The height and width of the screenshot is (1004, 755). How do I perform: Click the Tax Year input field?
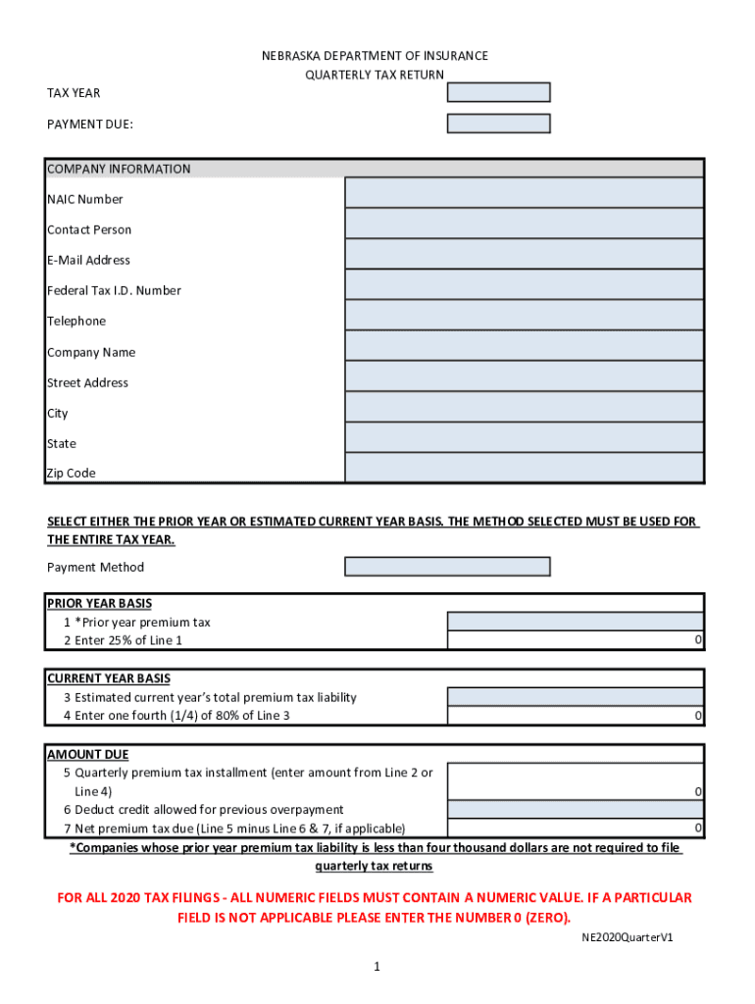[x=498, y=92]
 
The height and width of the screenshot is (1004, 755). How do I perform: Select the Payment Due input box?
[x=498, y=124]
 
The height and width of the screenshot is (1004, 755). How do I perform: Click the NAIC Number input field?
[x=524, y=193]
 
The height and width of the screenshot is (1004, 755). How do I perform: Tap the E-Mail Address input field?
[x=524, y=254]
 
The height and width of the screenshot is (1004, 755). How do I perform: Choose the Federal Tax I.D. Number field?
[x=524, y=284]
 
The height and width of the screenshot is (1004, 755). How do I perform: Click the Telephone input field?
[x=524, y=315]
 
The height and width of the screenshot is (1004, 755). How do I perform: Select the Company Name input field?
[x=524, y=346]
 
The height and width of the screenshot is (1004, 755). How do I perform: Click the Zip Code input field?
[x=524, y=468]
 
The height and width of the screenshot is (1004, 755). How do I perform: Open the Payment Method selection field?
[x=447, y=567]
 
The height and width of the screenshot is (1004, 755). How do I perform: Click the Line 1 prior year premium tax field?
[x=575, y=621]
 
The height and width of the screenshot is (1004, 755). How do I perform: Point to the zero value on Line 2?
[x=698, y=640]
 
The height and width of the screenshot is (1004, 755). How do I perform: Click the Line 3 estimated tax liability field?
[x=575, y=696]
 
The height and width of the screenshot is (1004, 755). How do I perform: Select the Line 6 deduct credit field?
[x=575, y=810]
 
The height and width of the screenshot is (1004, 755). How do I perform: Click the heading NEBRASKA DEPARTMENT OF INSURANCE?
[x=375, y=56]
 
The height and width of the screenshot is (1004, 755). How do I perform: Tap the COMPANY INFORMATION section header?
[x=119, y=169]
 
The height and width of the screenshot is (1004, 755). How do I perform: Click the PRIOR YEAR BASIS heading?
[x=99, y=603]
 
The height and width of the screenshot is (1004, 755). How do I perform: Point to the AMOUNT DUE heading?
[x=87, y=754]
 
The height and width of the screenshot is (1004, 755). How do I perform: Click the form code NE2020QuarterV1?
[x=627, y=937]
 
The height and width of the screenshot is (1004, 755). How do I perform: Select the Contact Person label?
[x=89, y=229]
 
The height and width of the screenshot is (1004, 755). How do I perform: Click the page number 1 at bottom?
[x=376, y=967]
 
